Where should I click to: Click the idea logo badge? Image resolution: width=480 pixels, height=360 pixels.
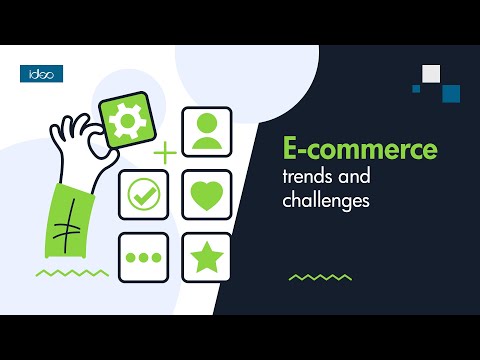(41, 73)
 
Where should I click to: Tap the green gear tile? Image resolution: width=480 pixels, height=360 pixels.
(126, 121)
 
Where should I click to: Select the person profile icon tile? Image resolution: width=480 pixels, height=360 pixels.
(206, 132)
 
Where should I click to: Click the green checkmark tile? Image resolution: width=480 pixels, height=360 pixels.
(144, 194)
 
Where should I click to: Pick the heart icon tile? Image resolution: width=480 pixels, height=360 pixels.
(206, 194)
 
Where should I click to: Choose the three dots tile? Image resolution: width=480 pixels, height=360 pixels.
(144, 257)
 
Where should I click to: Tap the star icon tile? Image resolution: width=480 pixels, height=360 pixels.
(206, 257)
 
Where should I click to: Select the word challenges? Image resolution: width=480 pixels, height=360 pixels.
(324, 200)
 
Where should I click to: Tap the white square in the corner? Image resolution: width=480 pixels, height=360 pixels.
(431, 72)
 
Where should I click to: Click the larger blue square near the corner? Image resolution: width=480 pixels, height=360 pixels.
(450, 93)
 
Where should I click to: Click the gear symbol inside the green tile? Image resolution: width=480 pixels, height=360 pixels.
(126, 121)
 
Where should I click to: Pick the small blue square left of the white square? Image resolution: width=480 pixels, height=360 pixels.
(416, 88)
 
